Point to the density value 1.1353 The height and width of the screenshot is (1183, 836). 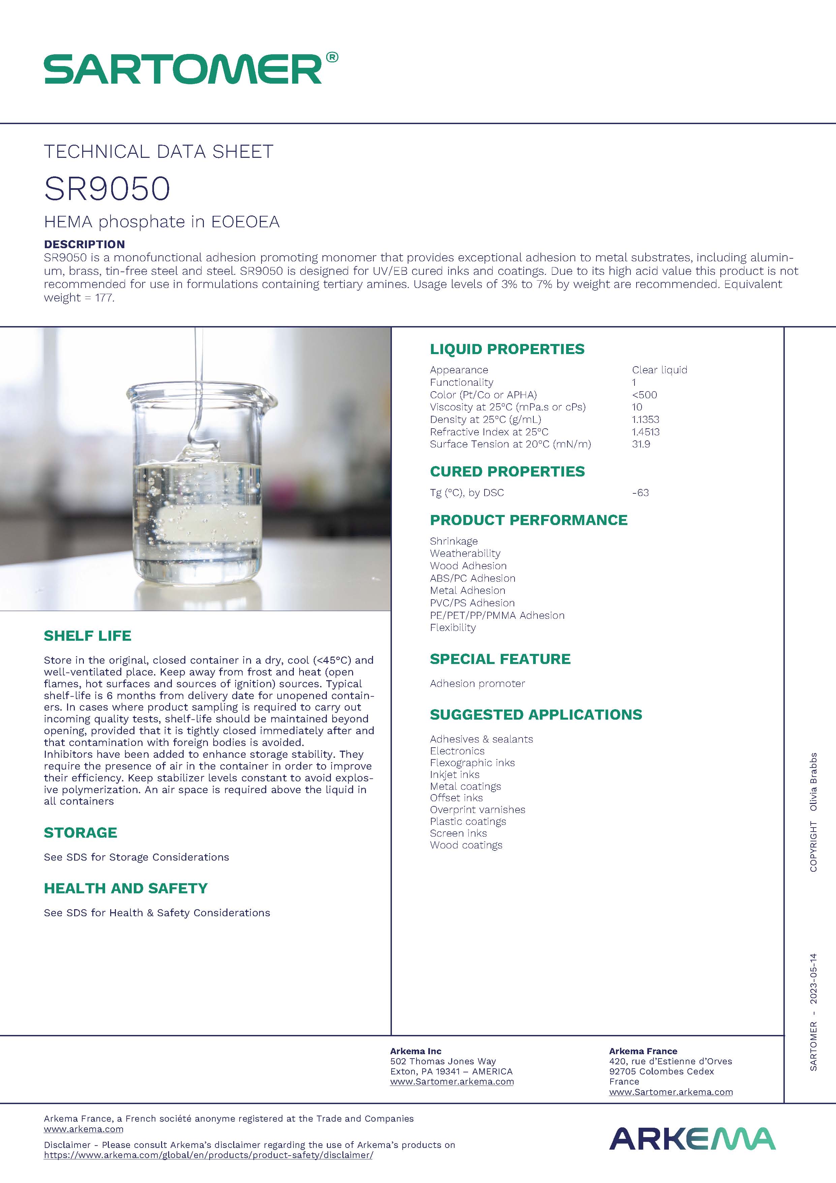[x=646, y=420]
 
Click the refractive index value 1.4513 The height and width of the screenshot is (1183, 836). [x=646, y=432]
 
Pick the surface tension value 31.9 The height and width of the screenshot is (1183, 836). [x=641, y=444]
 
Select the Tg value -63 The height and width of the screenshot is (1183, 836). [x=640, y=493]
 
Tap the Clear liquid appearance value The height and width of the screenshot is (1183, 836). [x=659, y=370]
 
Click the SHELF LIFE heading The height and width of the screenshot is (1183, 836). [x=88, y=636]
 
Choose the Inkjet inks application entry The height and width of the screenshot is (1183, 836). [x=455, y=774]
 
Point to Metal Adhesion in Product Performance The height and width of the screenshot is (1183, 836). [x=467, y=590]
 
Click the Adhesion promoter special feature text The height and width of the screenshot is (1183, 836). [x=477, y=684]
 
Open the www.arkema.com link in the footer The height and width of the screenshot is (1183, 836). [x=83, y=1129]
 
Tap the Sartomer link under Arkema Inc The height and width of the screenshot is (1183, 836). [x=452, y=1081]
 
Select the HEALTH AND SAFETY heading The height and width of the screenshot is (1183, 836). [x=126, y=888]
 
